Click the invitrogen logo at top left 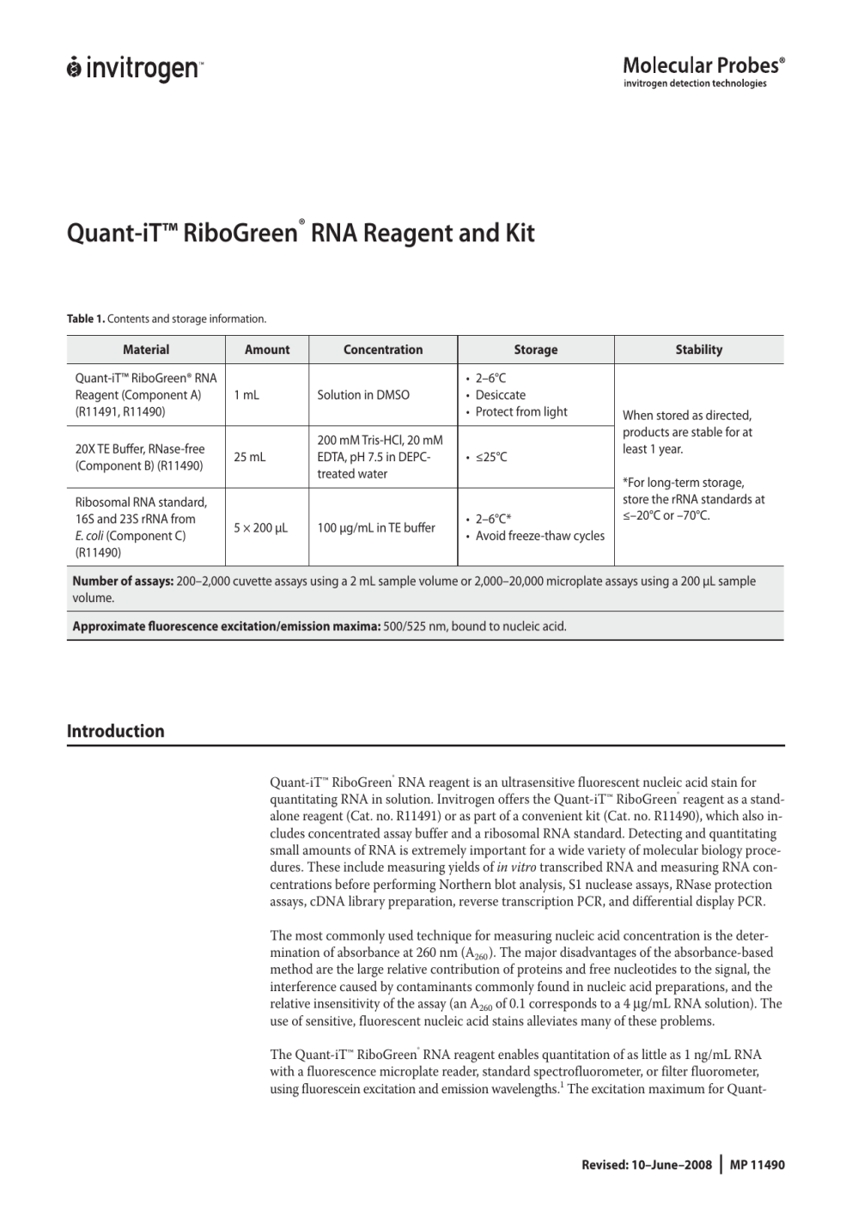pyautogui.click(x=134, y=68)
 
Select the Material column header pyautogui.click(x=146, y=350)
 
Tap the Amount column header pyautogui.click(x=267, y=350)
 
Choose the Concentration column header pyautogui.click(x=383, y=350)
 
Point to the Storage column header pyautogui.click(x=536, y=350)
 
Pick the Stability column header pyautogui.click(x=699, y=350)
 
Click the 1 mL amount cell pyautogui.click(x=246, y=395)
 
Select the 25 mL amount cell pyautogui.click(x=250, y=457)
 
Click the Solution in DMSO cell pyautogui.click(x=363, y=395)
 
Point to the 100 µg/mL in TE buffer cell pyautogui.click(x=376, y=527)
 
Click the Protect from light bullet pyautogui.click(x=521, y=411)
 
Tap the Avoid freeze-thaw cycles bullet pyautogui.click(x=539, y=536)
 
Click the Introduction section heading pyautogui.click(x=116, y=731)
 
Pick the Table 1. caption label pyautogui.click(x=86, y=319)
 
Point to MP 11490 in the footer pyautogui.click(x=758, y=1165)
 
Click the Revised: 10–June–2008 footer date pyautogui.click(x=647, y=1165)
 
